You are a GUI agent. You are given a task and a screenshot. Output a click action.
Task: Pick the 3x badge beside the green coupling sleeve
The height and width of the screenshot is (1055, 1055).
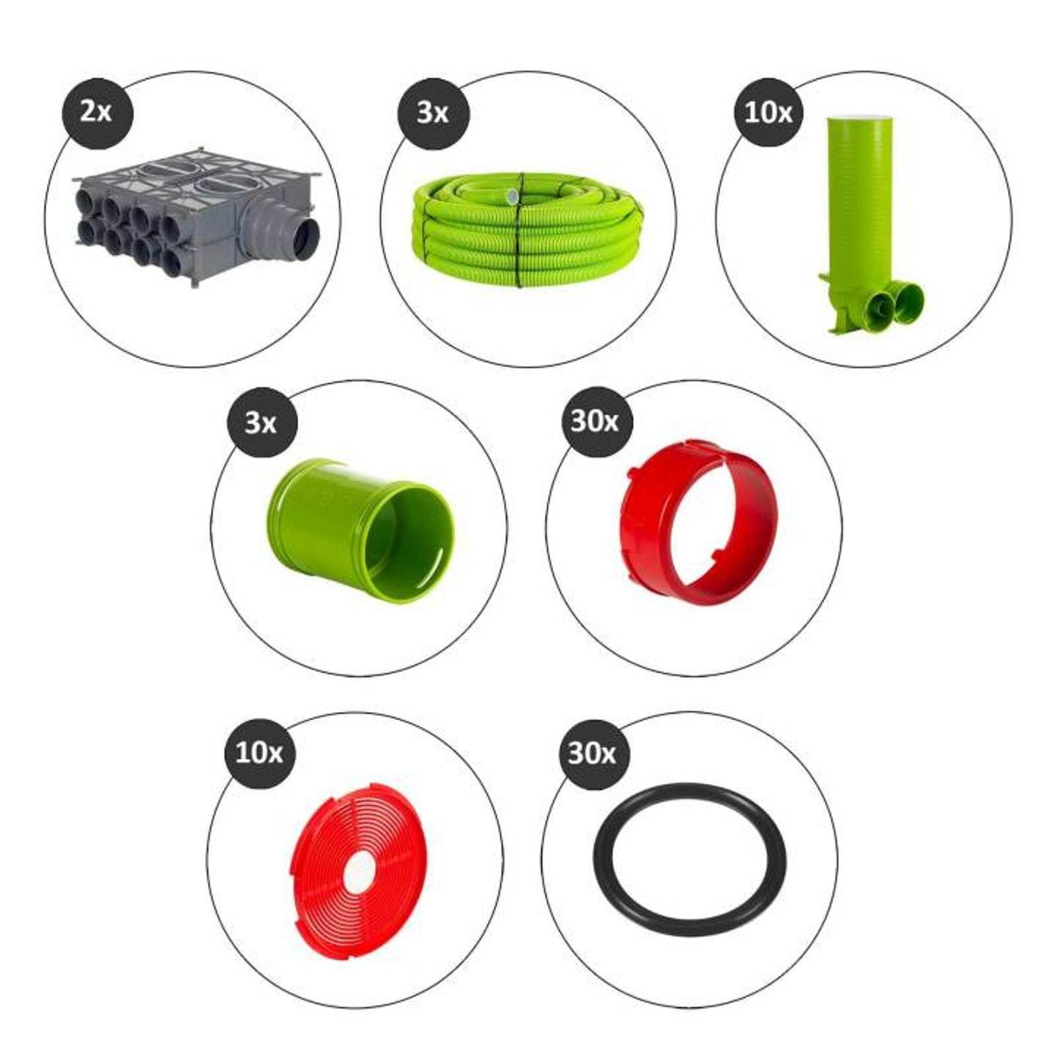click(260, 423)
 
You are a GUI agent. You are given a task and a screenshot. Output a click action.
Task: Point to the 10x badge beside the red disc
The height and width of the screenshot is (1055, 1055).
click(259, 752)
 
